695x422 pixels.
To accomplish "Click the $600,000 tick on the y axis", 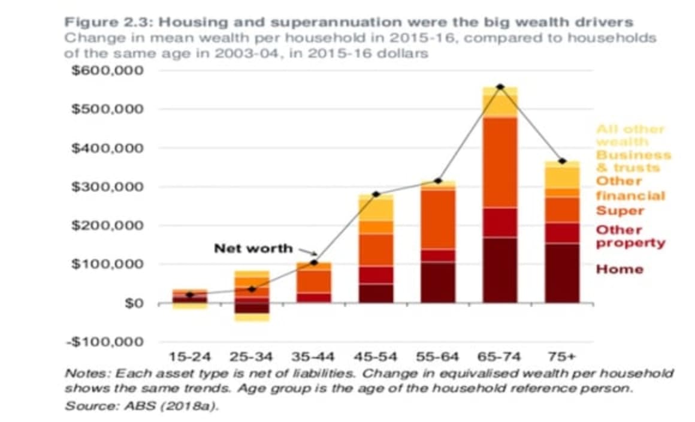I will (x=107, y=71).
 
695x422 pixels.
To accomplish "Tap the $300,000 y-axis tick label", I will (x=107, y=186).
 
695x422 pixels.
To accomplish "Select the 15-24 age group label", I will (x=189, y=357).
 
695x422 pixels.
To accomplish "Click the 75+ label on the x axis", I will (x=562, y=357).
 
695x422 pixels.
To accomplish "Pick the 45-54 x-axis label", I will (x=376, y=357).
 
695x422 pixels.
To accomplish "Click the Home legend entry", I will (x=620, y=269).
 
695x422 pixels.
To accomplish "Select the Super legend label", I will (x=620, y=211).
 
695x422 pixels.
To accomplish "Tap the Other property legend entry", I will (x=630, y=236).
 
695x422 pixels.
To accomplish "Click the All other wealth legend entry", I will (x=630, y=135).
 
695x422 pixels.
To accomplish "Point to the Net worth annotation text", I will (x=253, y=248).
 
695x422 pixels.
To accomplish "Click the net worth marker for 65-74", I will (x=500, y=87).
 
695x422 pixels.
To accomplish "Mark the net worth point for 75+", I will (x=562, y=161).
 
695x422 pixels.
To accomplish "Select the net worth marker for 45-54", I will (x=376, y=194).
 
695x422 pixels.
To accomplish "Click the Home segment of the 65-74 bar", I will (x=500, y=270).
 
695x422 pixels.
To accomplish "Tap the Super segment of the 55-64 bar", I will (x=438, y=219).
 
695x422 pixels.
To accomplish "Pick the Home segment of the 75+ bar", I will (x=562, y=273).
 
